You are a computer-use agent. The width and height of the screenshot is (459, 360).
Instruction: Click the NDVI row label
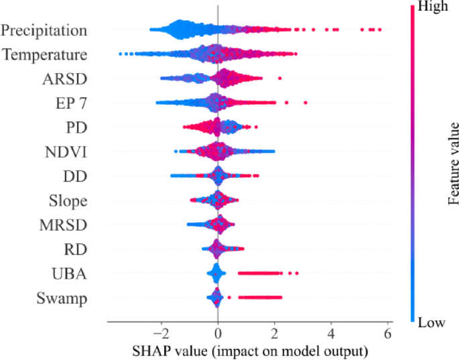point(65,152)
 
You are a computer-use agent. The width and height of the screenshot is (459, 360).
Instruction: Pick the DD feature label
point(74,176)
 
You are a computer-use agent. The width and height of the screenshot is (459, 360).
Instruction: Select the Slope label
point(68,200)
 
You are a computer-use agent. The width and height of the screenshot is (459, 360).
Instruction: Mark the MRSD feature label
point(62,225)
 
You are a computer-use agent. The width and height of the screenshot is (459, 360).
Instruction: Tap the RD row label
point(74,249)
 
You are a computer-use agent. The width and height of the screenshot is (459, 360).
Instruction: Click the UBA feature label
point(70,274)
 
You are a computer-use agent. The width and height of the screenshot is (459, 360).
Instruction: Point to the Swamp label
point(64,298)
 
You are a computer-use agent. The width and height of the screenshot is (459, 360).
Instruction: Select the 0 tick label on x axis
point(218,333)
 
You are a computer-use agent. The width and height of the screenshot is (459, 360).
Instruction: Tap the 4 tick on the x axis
point(330,333)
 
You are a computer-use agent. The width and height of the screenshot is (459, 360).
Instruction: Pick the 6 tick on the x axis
point(387,333)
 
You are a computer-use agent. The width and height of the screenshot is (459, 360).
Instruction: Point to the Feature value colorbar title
point(454,163)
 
